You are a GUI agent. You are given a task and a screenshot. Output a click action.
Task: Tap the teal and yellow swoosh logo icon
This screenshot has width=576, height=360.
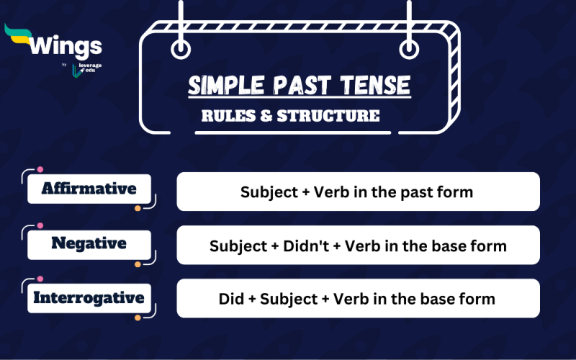(x=19, y=36)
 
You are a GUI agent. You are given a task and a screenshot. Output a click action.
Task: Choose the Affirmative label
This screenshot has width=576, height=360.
(x=89, y=189)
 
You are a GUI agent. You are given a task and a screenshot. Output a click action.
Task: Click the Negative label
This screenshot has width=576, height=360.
(x=89, y=243)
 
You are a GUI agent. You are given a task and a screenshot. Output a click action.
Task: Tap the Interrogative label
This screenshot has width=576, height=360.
(x=89, y=297)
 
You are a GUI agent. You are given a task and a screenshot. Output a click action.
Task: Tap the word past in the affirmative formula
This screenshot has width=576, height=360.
(x=420, y=192)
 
